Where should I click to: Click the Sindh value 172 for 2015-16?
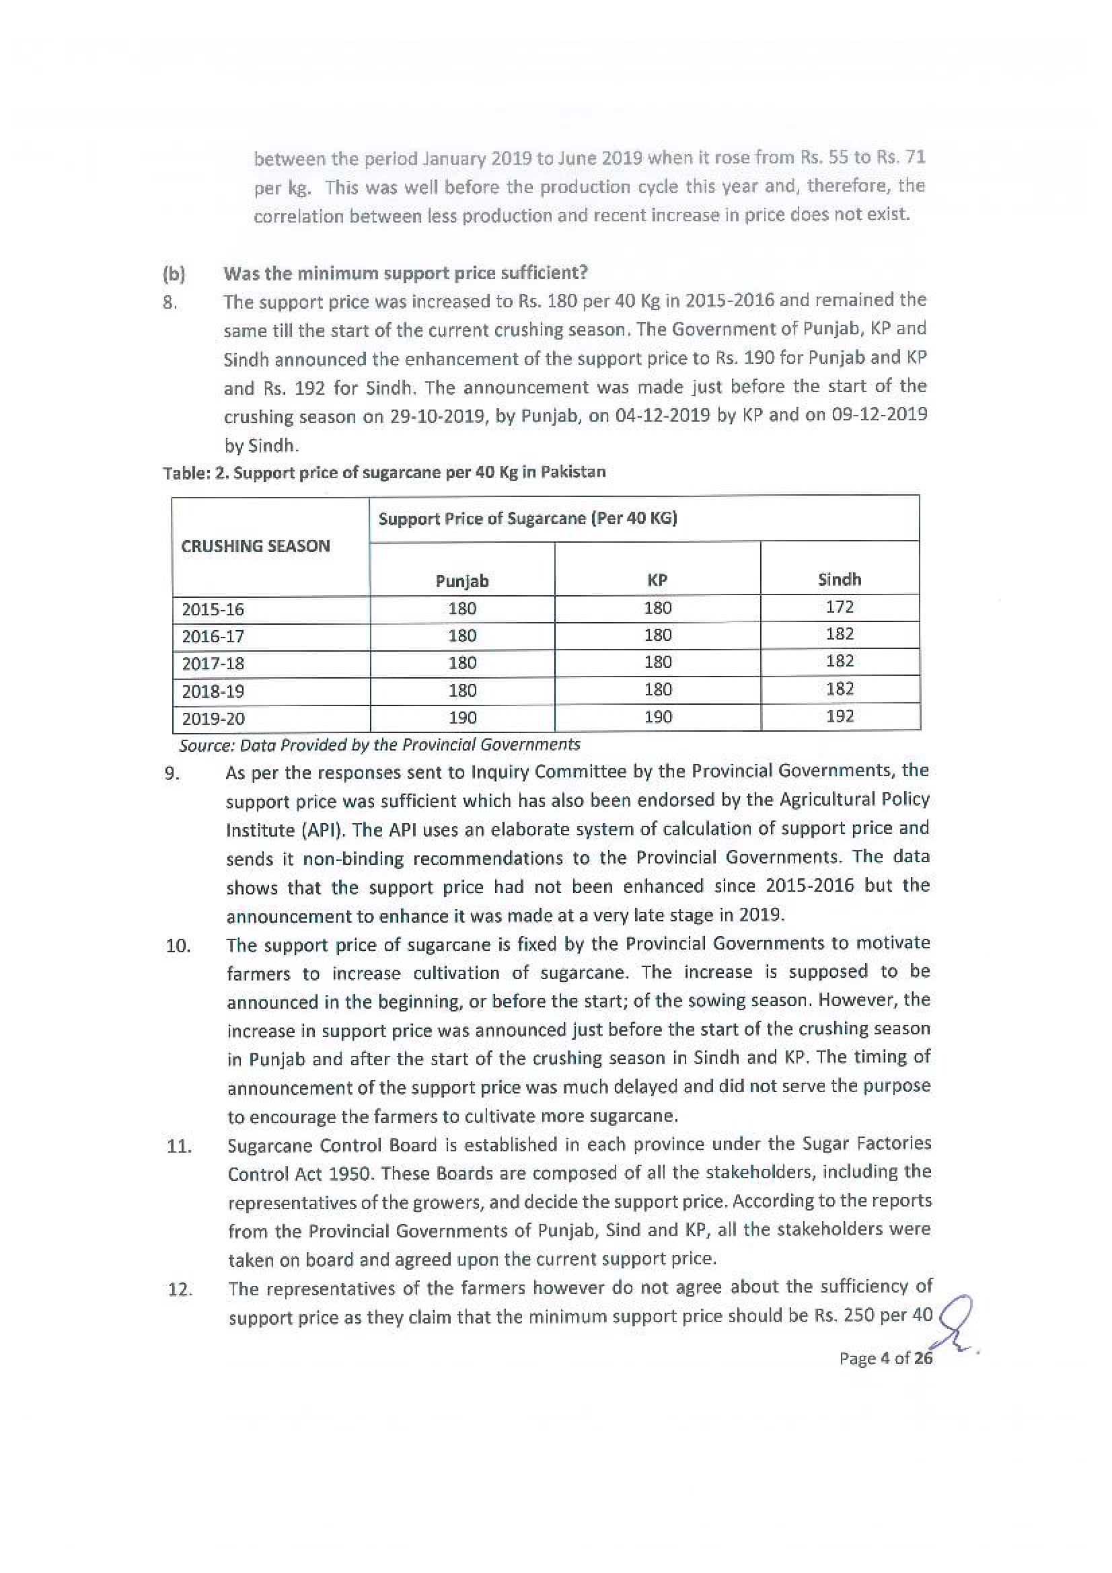click(x=840, y=607)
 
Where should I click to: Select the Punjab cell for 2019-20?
click(x=461, y=718)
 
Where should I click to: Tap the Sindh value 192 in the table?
click(x=840, y=716)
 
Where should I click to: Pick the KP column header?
click(x=657, y=580)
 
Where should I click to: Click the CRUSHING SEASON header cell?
click(x=256, y=546)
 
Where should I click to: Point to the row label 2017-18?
click(x=213, y=663)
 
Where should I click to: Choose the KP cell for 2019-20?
click(x=657, y=717)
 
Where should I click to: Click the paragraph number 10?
click(x=178, y=946)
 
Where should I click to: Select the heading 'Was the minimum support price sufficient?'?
click(x=406, y=272)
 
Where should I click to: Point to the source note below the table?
click(x=379, y=744)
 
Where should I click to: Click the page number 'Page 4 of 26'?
click(x=885, y=1358)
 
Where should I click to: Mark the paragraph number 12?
click(x=180, y=1289)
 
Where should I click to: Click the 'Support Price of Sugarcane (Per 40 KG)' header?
click(x=527, y=519)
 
